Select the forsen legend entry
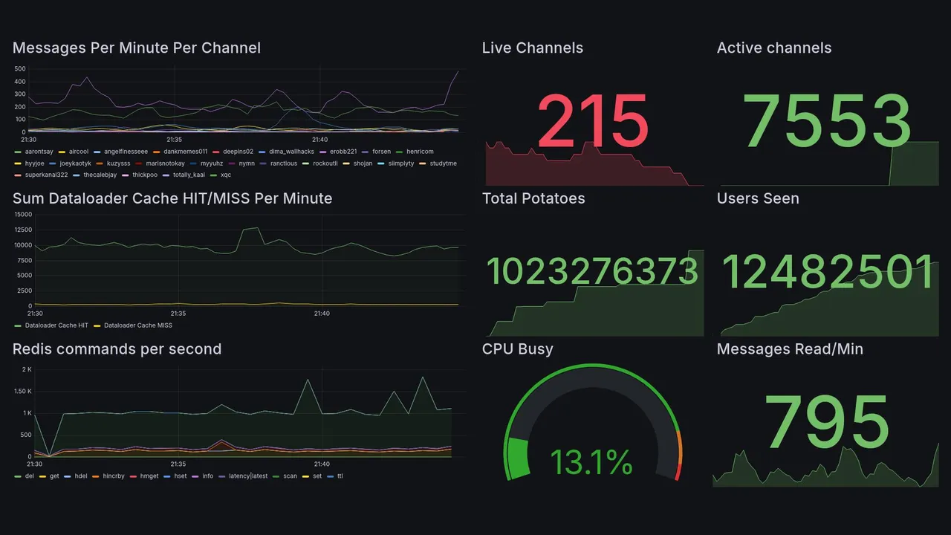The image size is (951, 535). (381, 152)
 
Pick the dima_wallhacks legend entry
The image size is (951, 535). (291, 152)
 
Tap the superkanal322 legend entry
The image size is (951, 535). (45, 175)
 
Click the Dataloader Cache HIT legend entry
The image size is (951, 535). (56, 325)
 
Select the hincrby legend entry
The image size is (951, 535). (111, 476)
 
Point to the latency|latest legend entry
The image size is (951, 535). (248, 476)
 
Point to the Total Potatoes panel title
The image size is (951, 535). (533, 198)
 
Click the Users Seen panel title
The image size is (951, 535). (758, 198)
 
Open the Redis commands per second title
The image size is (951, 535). (117, 349)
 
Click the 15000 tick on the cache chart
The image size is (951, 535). (22, 215)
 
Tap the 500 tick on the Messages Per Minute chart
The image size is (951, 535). (20, 69)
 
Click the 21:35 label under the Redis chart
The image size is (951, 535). (178, 464)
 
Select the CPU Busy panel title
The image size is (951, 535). (517, 349)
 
